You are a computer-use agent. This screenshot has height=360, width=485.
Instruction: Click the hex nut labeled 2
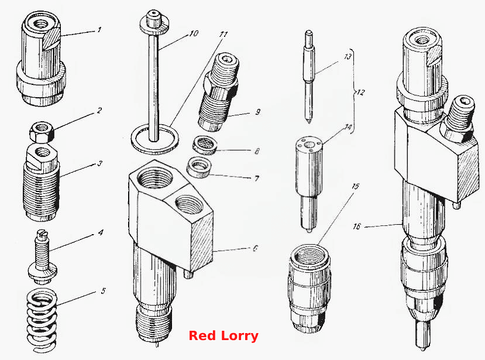[x=42, y=132]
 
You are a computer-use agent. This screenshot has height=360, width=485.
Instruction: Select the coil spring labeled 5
[x=41, y=320]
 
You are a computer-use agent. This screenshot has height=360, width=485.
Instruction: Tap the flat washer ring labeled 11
[x=155, y=139]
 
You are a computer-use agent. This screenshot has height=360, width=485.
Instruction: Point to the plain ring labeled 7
[x=199, y=167]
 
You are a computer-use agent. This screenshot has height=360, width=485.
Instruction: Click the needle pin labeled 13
[x=309, y=77]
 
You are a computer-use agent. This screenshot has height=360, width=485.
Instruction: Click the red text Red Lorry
[x=223, y=335]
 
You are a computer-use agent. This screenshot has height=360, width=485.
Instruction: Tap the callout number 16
[x=357, y=227]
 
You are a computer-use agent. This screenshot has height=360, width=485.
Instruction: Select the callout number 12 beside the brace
[x=360, y=92]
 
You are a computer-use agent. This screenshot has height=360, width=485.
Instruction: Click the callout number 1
[x=99, y=30]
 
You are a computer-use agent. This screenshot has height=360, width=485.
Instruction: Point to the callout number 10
[x=194, y=33]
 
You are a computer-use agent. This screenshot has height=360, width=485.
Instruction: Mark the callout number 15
[x=355, y=186]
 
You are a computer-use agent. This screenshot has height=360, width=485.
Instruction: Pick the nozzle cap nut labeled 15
[x=309, y=288]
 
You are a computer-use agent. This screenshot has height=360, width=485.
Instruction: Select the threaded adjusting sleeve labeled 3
[x=42, y=183]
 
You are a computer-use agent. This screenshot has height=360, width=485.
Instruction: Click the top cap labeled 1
[x=41, y=58]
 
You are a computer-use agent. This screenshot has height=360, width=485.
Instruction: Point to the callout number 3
[x=99, y=163]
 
